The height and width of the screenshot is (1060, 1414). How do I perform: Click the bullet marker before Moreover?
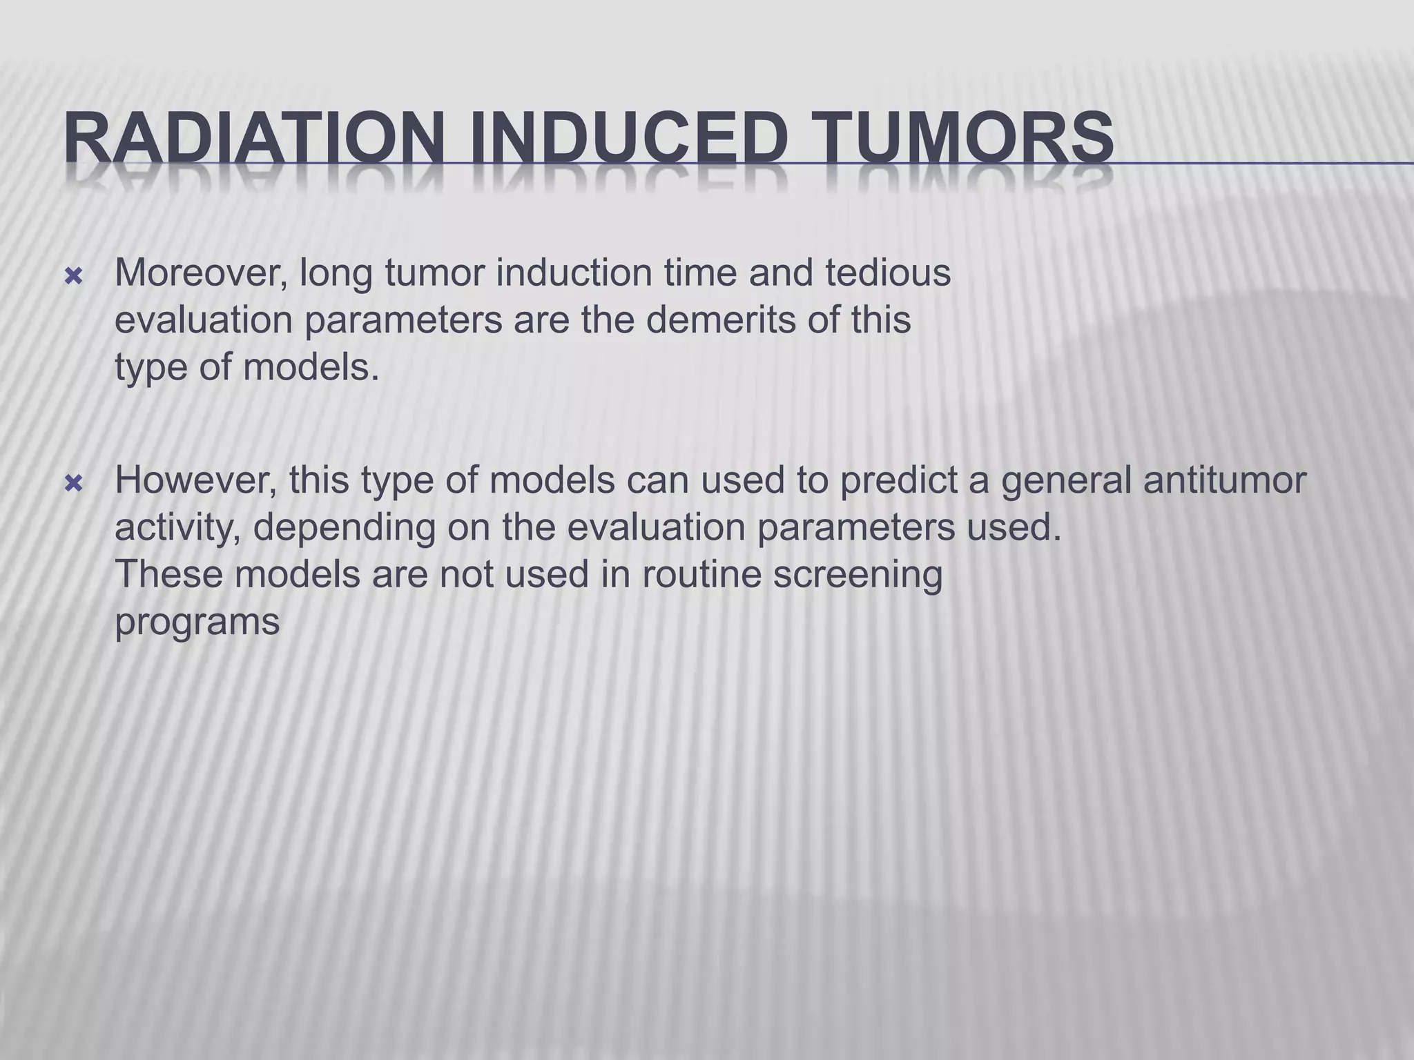tap(73, 277)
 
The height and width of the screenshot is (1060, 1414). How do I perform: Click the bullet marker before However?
tap(73, 484)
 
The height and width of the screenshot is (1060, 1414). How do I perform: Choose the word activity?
tap(177, 529)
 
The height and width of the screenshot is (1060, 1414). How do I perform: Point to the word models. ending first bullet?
tap(311, 367)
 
